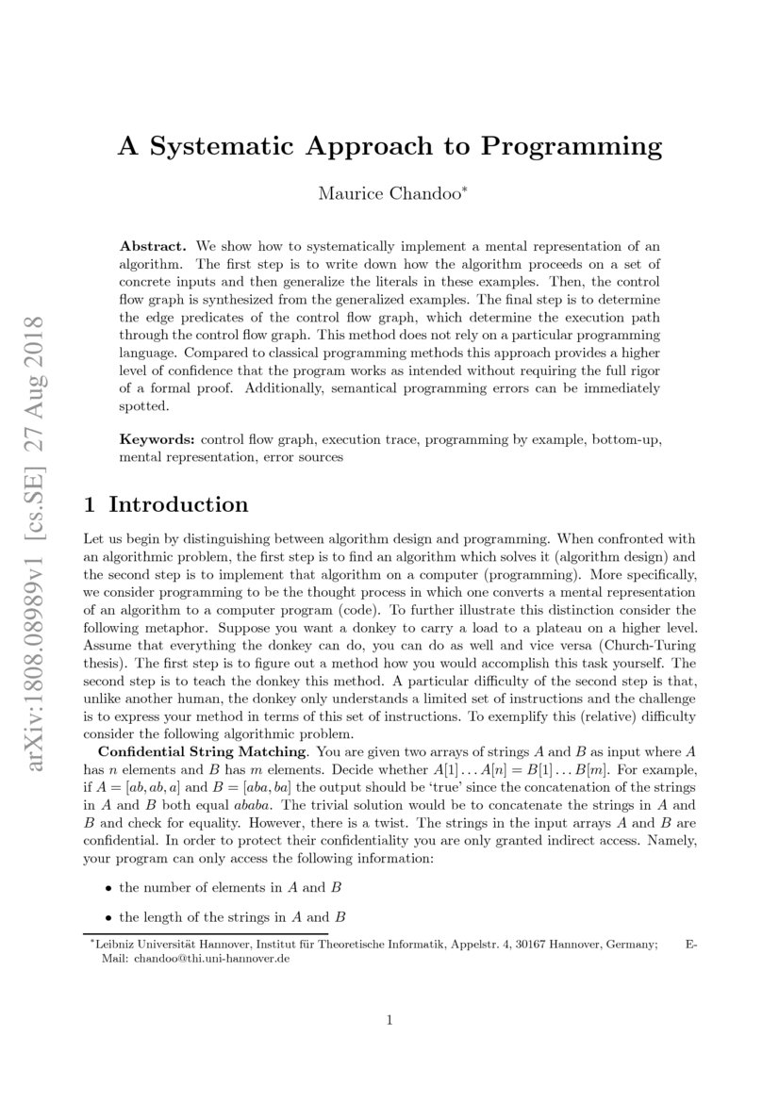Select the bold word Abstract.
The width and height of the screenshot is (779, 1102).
coord(153,244)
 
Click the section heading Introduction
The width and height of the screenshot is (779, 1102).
coord(178,504)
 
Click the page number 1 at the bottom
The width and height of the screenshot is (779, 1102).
coord(389,1020)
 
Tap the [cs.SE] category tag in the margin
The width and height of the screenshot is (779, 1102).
coord(40,466)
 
